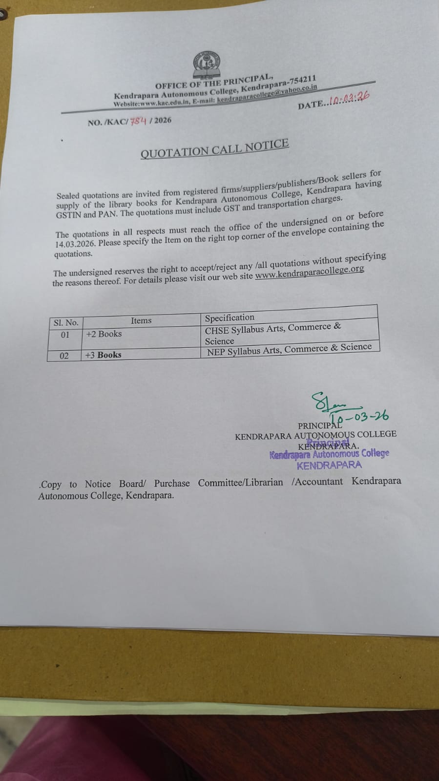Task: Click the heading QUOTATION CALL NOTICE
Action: [x=214, y=148]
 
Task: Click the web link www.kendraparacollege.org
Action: [x=310, y=272]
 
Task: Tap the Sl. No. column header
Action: [x=66, y=322]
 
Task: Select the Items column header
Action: [x=141, y=320]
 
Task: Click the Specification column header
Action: [x=230, y=317]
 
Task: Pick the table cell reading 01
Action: [x=65, y=335]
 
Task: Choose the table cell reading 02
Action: [x=64, y=356]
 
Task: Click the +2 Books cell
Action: [x=104, y=334]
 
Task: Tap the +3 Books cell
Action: [x=103, y=355]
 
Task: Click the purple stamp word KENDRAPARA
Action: [x=329, y=465]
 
